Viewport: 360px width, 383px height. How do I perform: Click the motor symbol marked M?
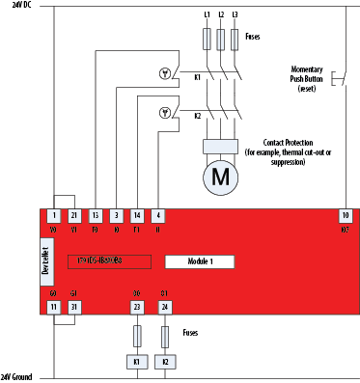pos(221,178)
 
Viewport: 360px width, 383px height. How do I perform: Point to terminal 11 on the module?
pos(55,307)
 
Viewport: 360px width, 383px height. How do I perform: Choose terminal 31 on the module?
pos(75,307)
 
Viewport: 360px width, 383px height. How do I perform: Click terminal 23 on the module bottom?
pos(137,307)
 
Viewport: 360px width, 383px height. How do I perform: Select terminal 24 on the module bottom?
pos(164,307)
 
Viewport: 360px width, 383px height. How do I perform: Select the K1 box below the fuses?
pos(137,362)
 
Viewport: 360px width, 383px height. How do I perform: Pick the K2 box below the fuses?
pos(164,362)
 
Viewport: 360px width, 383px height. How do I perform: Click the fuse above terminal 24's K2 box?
pos(164,335)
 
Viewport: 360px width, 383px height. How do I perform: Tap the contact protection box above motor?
pos(221,146)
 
